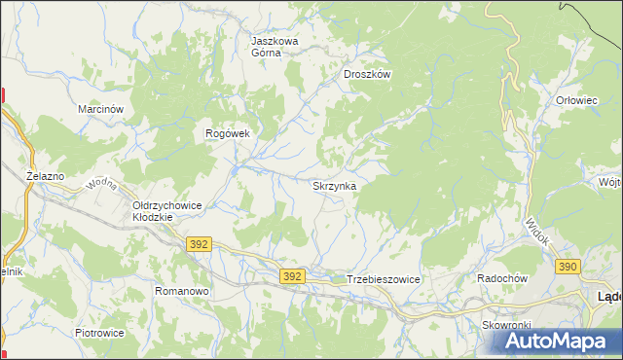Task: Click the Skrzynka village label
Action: (x=334, y=185)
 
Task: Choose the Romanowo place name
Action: (x=182, y=291)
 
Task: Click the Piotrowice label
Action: (x=99, y=332)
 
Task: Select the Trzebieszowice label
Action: (x=383, y=279)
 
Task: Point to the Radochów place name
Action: (x=501, y=278)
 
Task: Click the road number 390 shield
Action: (x=568, y=266)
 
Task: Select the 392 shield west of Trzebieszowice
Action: (x=293, y=276)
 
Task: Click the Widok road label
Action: (x=537, y=232)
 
